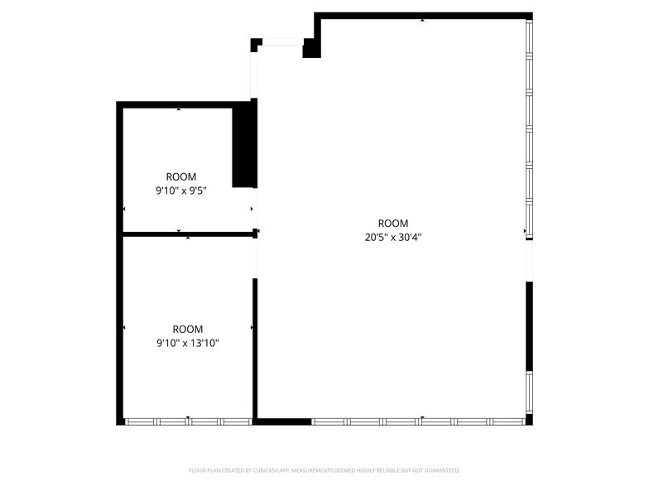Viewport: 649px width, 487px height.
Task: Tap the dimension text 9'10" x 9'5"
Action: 180,190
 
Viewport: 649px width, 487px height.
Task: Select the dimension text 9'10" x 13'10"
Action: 188,342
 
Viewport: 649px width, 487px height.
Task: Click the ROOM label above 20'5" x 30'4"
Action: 393,223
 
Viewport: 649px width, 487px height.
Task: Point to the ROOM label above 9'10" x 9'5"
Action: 180,176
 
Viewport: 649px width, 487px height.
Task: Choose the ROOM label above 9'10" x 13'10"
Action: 188,329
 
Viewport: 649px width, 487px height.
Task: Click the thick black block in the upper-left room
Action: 243,146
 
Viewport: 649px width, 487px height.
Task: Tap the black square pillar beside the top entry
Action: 311,48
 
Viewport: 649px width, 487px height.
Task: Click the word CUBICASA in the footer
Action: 263,470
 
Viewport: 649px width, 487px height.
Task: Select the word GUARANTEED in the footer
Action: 439,470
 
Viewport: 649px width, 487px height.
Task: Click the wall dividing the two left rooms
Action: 187,234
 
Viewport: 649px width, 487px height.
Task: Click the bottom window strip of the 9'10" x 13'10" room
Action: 189,421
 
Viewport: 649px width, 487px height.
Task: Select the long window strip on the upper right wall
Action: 529,128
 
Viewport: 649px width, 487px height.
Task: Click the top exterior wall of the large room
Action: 422,15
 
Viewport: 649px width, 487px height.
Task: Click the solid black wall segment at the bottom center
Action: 282,421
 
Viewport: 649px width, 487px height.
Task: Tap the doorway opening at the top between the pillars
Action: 282,41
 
